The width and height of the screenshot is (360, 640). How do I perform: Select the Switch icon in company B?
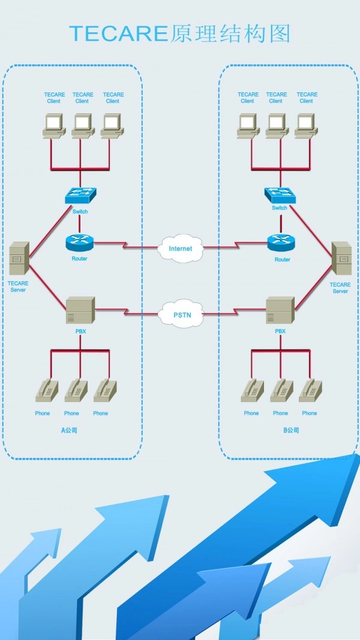click(x=280, y=194)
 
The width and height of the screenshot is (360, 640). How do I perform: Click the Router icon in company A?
click(x=79, y=242)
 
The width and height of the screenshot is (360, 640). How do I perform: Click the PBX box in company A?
click(x=79, y=310)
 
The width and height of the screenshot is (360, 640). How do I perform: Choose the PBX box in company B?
click(x=280, y=310)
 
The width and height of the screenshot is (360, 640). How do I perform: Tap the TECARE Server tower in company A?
click(x=19, y=260)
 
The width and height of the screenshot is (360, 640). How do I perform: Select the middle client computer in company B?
click(x=276, y=126)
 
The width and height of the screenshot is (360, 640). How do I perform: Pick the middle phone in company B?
click(x=280, y=390)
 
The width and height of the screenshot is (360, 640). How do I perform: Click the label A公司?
click(x=70, y=430)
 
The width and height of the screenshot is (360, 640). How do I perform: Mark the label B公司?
click(x=290, y=430)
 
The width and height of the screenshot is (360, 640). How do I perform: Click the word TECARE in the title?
click(x=119, y=34)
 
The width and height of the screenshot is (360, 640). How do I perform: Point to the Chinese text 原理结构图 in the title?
click(x=230, y=34)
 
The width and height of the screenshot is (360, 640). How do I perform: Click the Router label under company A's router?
click(x=79, y=259)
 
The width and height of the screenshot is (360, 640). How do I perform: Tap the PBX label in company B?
click(x=280, y=331)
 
